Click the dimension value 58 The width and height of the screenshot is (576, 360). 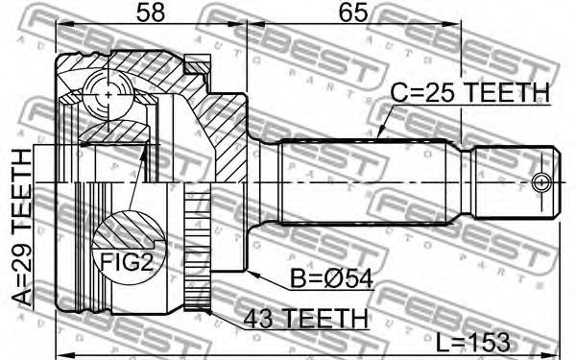pos(150,12)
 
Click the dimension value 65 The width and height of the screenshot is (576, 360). pos(353,12)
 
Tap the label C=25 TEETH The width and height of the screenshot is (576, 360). pos(470,92)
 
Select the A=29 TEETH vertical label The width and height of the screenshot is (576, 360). pos(22,228)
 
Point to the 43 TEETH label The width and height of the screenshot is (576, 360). pos(305,318)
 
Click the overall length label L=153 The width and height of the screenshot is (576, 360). pos(472,343)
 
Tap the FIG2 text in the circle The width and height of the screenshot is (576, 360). pos(127,261)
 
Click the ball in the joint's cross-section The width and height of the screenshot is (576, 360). pos(108,95)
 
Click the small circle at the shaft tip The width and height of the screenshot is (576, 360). pos(541,181)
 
